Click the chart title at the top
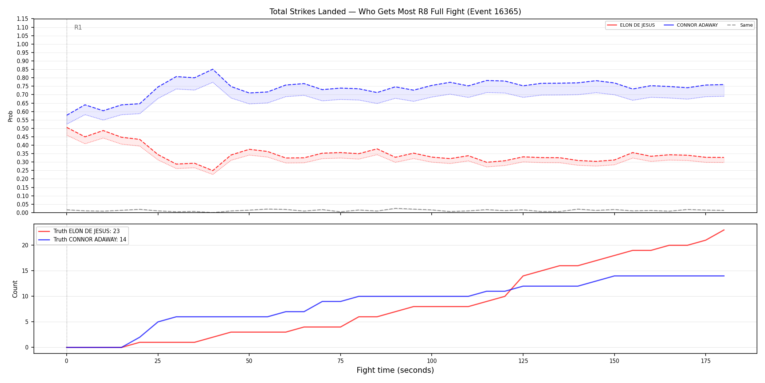[395, 12]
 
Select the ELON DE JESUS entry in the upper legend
[631, 25]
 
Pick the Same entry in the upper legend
[740, 25]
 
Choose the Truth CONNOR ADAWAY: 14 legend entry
[82, 240]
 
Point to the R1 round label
[78, 27]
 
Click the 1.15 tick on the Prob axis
[23, 19]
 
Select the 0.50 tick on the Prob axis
[23, 128]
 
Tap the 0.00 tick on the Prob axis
[23, 213]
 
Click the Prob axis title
[11, 116]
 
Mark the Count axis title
[15, 289]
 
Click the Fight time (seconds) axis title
[395, 370]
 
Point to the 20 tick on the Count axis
[25, 245]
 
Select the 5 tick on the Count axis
[27, 322]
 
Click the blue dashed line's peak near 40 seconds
[213, 69]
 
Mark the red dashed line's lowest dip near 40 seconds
[213, 171]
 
